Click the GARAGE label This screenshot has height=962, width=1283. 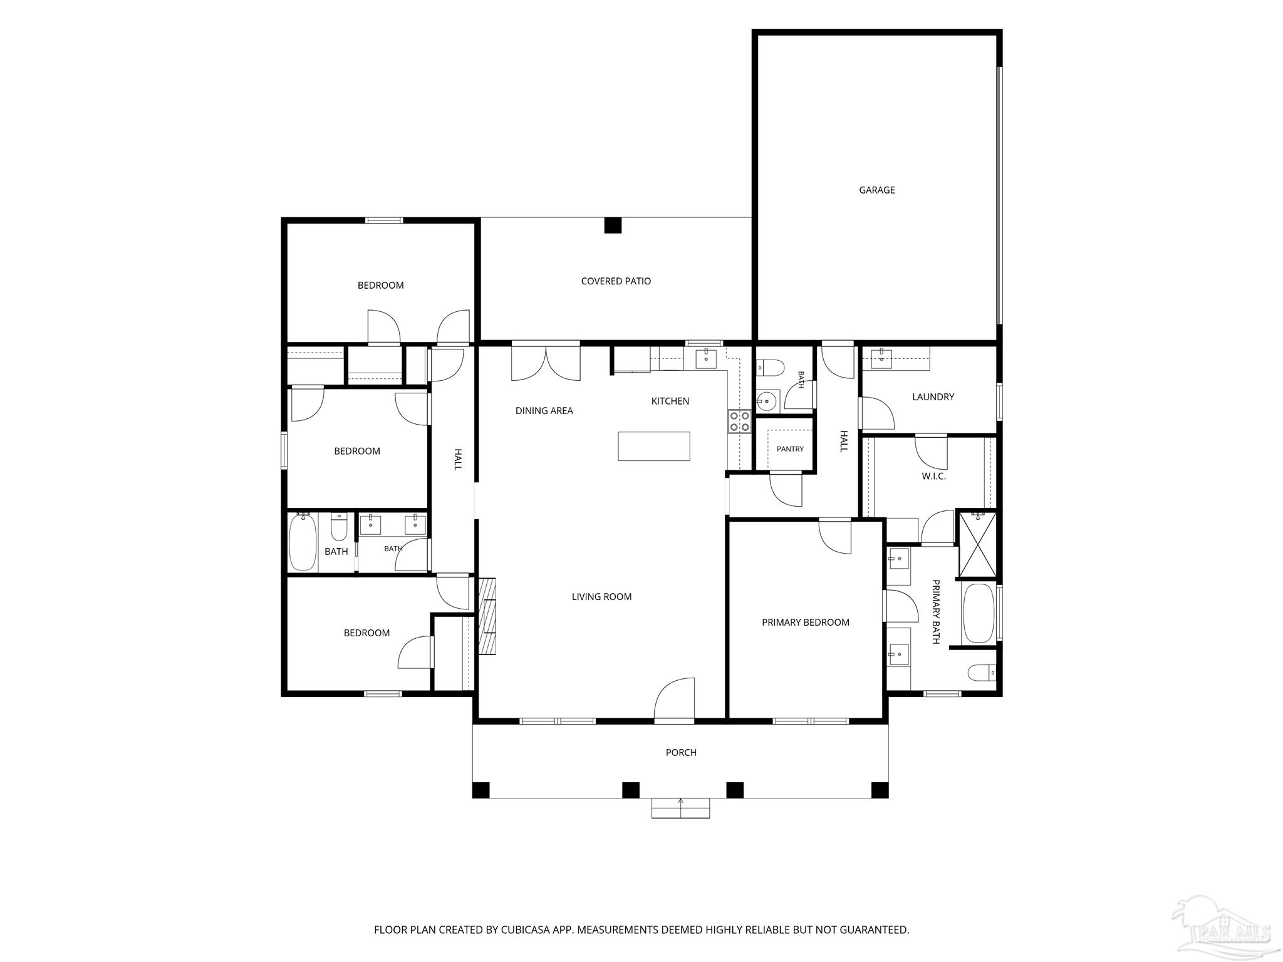click(876, 190)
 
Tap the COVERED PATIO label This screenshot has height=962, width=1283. click(616, 281)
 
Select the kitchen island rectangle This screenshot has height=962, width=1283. click(653, 446)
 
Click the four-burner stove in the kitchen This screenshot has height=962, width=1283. click(739, 421)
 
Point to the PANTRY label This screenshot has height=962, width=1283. click(790, 449)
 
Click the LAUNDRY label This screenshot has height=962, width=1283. click(933, 396)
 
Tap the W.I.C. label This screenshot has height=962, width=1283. click(933, 476)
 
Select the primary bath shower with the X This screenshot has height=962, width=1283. click(977, 544)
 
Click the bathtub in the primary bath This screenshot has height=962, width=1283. click(978, 613)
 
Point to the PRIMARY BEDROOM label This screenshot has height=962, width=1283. click(806, 622)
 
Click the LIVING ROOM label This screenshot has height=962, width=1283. click(601, 597)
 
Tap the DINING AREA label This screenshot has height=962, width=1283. click(544, 411)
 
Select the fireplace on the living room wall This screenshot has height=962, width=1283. click(487, 616)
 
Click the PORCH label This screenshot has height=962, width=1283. click(681, 752)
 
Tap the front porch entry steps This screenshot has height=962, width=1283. click(680, 808)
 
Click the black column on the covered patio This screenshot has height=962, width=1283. click(613, 225)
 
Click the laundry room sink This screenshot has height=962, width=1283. click(881, 358)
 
